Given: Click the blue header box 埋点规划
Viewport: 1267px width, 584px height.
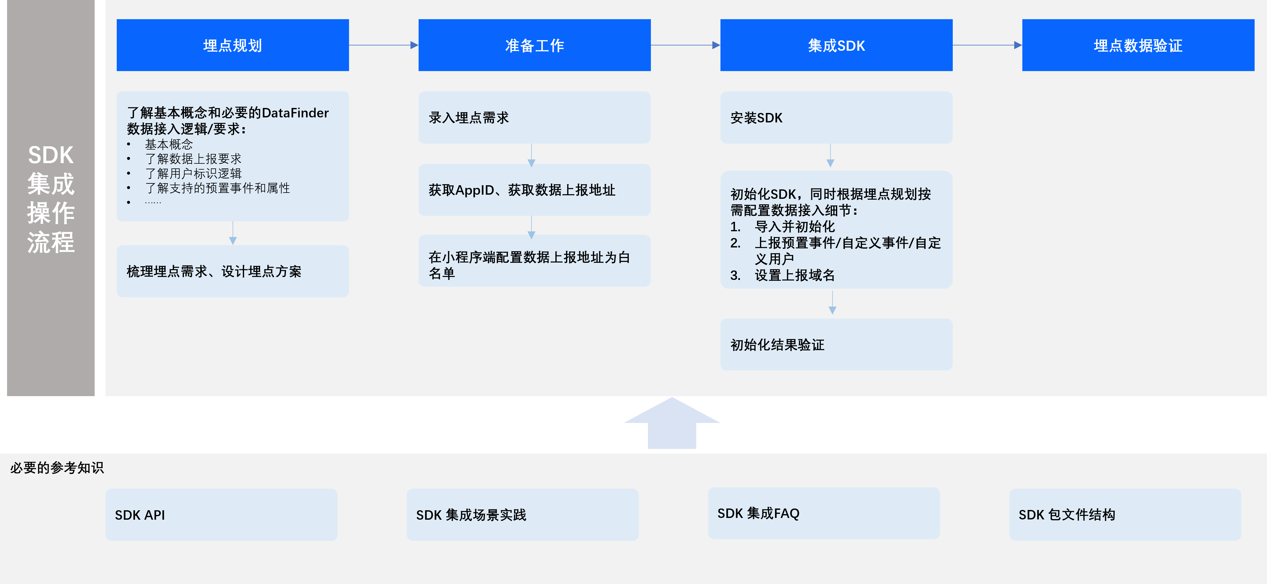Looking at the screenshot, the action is click(233, 45).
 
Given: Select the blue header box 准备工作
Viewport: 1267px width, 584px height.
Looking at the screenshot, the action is click(535, 45).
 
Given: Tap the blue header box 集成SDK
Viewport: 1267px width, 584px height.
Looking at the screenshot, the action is click(836, 45).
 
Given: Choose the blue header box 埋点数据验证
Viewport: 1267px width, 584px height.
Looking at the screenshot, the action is click(1138, 45).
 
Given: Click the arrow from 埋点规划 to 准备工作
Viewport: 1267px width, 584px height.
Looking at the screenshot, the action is click(384, 45).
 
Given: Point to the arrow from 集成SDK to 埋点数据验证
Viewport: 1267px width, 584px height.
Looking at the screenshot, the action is click(988, 45).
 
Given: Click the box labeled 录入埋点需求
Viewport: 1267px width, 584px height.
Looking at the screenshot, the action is click(535, 118).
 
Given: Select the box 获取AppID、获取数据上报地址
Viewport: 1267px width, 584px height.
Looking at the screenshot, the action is click(535, 190).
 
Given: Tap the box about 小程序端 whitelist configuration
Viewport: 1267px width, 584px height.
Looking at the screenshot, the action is click(535, 261).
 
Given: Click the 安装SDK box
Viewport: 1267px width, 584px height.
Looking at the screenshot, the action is click(836, 118).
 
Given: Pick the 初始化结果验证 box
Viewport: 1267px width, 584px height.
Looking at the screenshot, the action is click(836, 345).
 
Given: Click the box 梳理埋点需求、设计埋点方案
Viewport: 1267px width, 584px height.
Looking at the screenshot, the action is click(233, 271).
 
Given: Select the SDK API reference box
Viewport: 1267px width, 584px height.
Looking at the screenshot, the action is click(221, 515).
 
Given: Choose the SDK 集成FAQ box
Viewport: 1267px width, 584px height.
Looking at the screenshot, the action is click(824, 513).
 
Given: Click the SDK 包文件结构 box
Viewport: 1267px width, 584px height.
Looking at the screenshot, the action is click(1125, 515).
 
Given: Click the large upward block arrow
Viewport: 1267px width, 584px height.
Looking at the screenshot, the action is click(672, 423).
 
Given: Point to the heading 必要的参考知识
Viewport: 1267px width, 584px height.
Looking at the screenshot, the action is click(57, 467).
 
